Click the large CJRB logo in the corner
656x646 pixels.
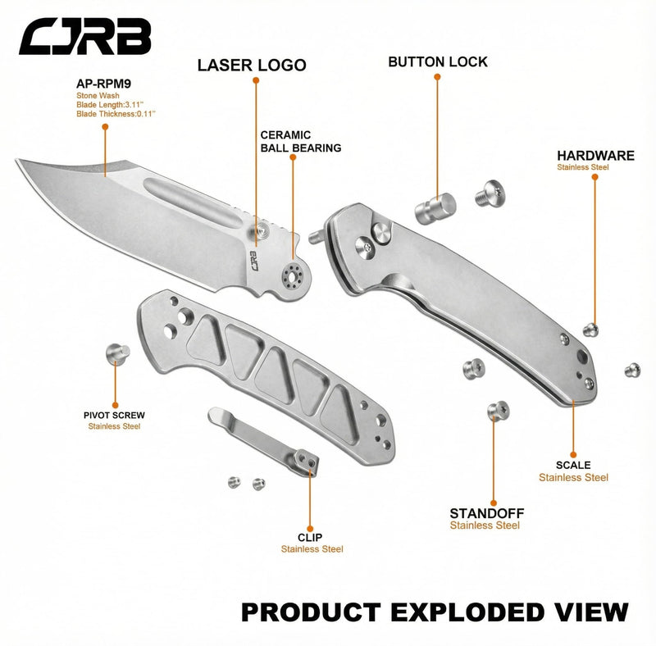[x=85, y=36]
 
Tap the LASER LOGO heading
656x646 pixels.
[x=252, y=66]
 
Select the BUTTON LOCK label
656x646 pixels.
[x=438, y=62]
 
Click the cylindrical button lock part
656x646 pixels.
[x=435, y=208]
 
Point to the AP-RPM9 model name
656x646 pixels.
[x=104, y=84]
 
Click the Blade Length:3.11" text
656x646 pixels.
[x=110, y=105]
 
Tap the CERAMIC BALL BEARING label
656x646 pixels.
[x=301, y=142]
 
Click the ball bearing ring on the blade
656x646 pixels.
[x=292, y=276]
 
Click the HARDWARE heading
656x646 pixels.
[x=596, y=156]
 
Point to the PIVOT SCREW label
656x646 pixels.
[x=114, y=416]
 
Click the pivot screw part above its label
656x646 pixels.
[x=117, y=353]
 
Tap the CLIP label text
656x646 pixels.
[x=310, y=537]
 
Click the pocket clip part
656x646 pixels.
[x=263, y=441]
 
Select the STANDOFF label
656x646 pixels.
[x=487, y=513]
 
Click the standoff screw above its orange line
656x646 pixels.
[x=499, y=411]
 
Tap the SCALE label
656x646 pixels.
[x=573, y=465]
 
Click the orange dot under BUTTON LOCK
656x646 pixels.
[x=437, y=77]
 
